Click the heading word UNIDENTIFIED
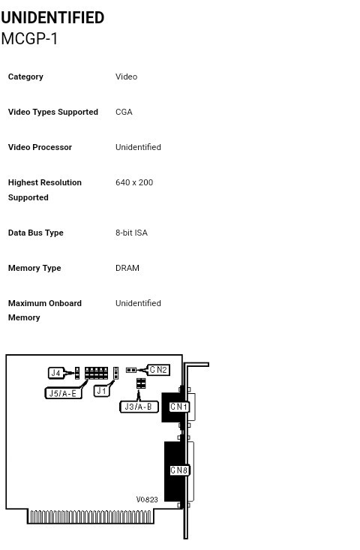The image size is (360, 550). point(52,17)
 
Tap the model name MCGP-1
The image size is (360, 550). point(29,38)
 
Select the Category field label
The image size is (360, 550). point(25,77)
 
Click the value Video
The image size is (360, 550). point(126,77)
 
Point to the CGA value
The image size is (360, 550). point(124,112)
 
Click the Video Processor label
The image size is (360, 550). point(40,147)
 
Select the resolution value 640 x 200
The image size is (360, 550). point(134,182)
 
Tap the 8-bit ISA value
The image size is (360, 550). point(131,233)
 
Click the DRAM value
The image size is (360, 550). point(127,268)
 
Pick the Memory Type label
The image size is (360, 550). point(34,269)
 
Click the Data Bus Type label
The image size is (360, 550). point(36,233)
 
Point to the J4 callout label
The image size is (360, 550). point(56,373)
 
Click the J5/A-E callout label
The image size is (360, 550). point(63,393)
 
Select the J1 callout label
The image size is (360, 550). point(102,391)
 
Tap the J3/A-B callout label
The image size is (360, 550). point(139,407)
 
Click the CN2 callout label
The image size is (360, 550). point(158,370)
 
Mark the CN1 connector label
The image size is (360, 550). point(178,407)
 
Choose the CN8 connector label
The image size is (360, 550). point(179,470)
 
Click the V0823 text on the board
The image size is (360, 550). point(147,500)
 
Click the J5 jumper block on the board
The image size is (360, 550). point(97,373)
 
